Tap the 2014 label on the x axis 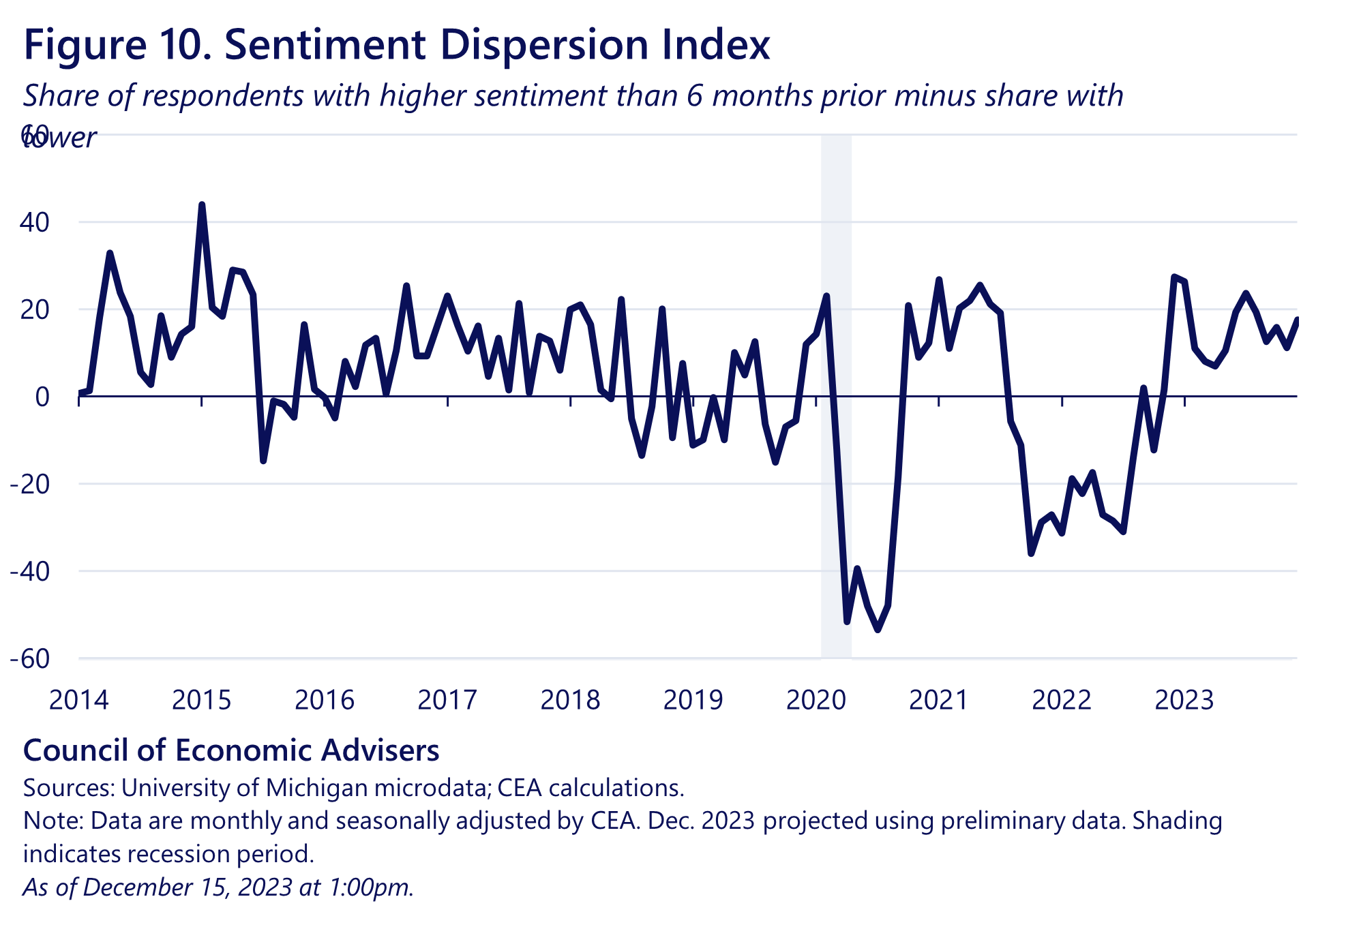[78, 700]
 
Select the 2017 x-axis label [447, 700]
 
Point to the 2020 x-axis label [816, 700]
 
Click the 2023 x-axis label [1184, 700]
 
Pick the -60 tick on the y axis [30, 659]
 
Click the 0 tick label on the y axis [42, 397]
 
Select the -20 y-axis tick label [30, 484]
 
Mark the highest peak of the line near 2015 [201, 204]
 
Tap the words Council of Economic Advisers [231, 750]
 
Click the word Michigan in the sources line [318, 788]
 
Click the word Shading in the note [1177, 821]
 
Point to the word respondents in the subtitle [223, 95]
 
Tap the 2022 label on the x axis [1062, 700]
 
